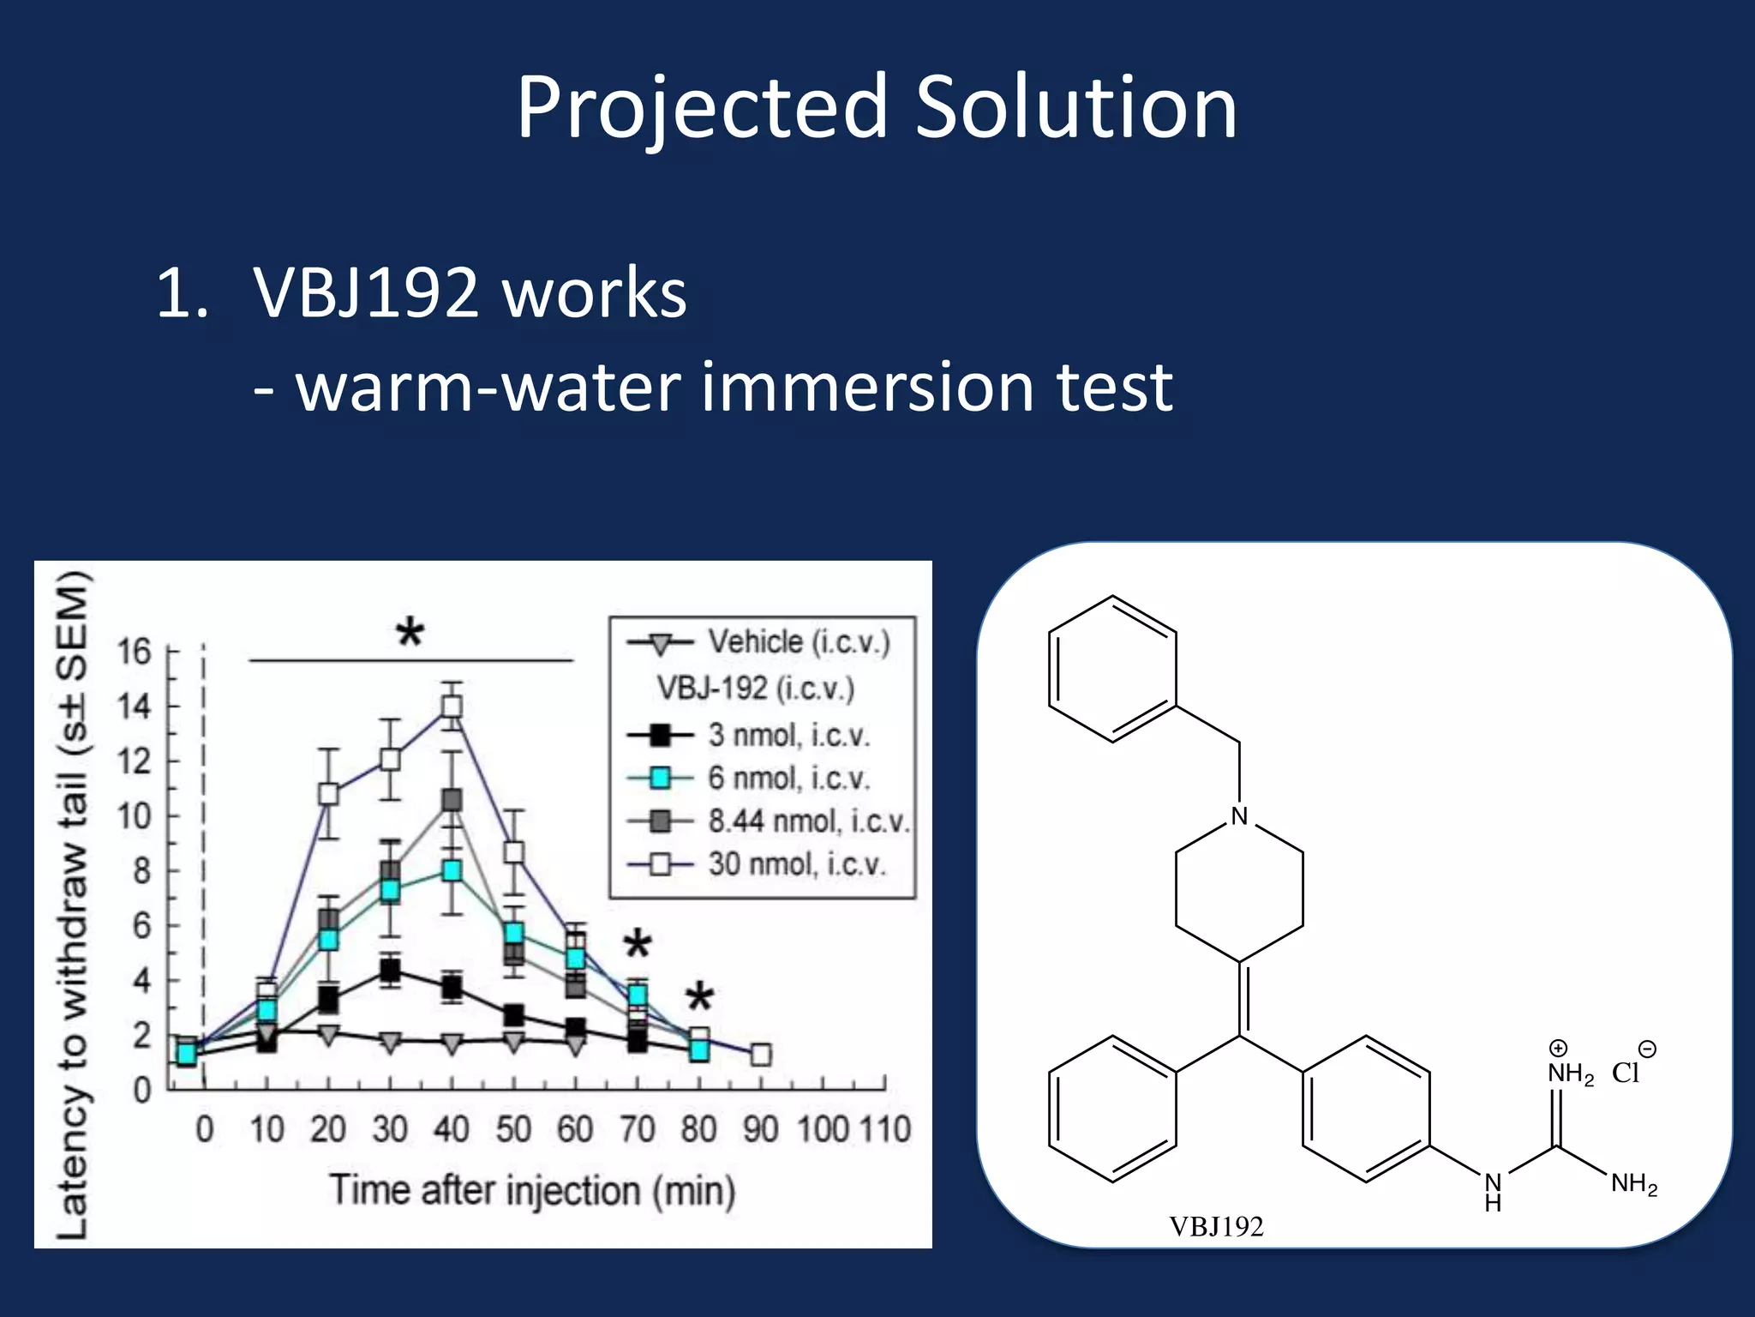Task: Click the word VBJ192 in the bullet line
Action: (x=366, y=293)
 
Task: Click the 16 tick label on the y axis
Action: (x=134, y=652)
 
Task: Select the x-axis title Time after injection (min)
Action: (x=532, y=1190)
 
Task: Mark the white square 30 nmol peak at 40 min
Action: (x=452, y=707)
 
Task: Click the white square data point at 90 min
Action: (x=760, y=1055)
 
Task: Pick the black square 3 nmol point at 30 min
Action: (x=390, y=971)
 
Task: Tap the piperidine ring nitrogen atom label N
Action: (x=1239, y=816)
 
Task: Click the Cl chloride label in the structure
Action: (x=1626, y=1073)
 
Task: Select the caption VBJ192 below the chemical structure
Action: (x=1216, y=1226)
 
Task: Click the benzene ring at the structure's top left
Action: (x=1112, y=669)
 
